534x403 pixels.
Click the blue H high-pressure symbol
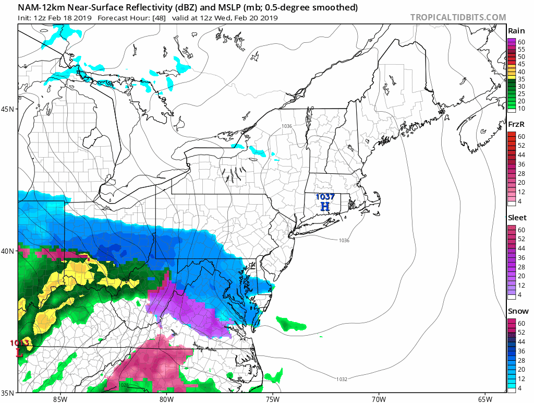point(325,207)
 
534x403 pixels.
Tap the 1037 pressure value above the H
point(325,197)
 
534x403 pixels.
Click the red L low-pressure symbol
point(20,353)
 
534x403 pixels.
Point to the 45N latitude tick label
point(9,109)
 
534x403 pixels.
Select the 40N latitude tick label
point(9,251)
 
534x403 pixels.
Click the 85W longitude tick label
point(60,399)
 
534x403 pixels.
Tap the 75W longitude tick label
point(272,399)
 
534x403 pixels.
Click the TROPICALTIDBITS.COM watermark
point(458,17)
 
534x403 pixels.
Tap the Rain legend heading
point(516,31)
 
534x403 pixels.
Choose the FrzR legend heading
point(516,124)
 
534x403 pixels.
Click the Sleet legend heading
point(517,218)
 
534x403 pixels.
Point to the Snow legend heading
point(517,311)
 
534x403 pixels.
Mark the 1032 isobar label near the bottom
point(342,379)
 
